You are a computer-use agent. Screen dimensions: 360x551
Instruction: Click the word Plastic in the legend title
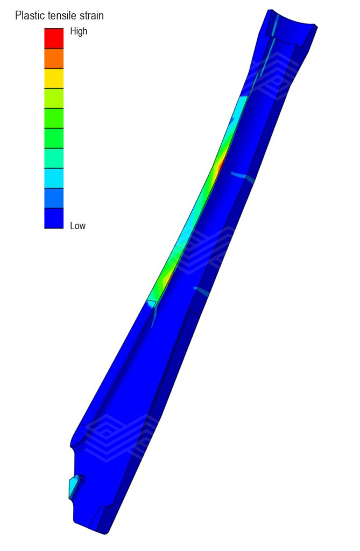coord(30,16)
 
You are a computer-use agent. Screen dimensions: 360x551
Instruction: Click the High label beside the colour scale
coord(79,31)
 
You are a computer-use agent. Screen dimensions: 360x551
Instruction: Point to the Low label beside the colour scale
coord(77,225)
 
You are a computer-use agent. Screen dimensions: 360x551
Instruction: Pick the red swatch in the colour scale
coord(54,38)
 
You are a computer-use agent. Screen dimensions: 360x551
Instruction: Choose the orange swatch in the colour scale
coord(54,58)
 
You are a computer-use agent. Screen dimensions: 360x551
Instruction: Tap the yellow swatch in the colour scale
coord(54,79)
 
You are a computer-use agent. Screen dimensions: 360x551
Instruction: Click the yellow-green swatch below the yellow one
coord(54,98)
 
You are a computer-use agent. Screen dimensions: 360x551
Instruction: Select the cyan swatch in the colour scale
coord(54,178)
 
